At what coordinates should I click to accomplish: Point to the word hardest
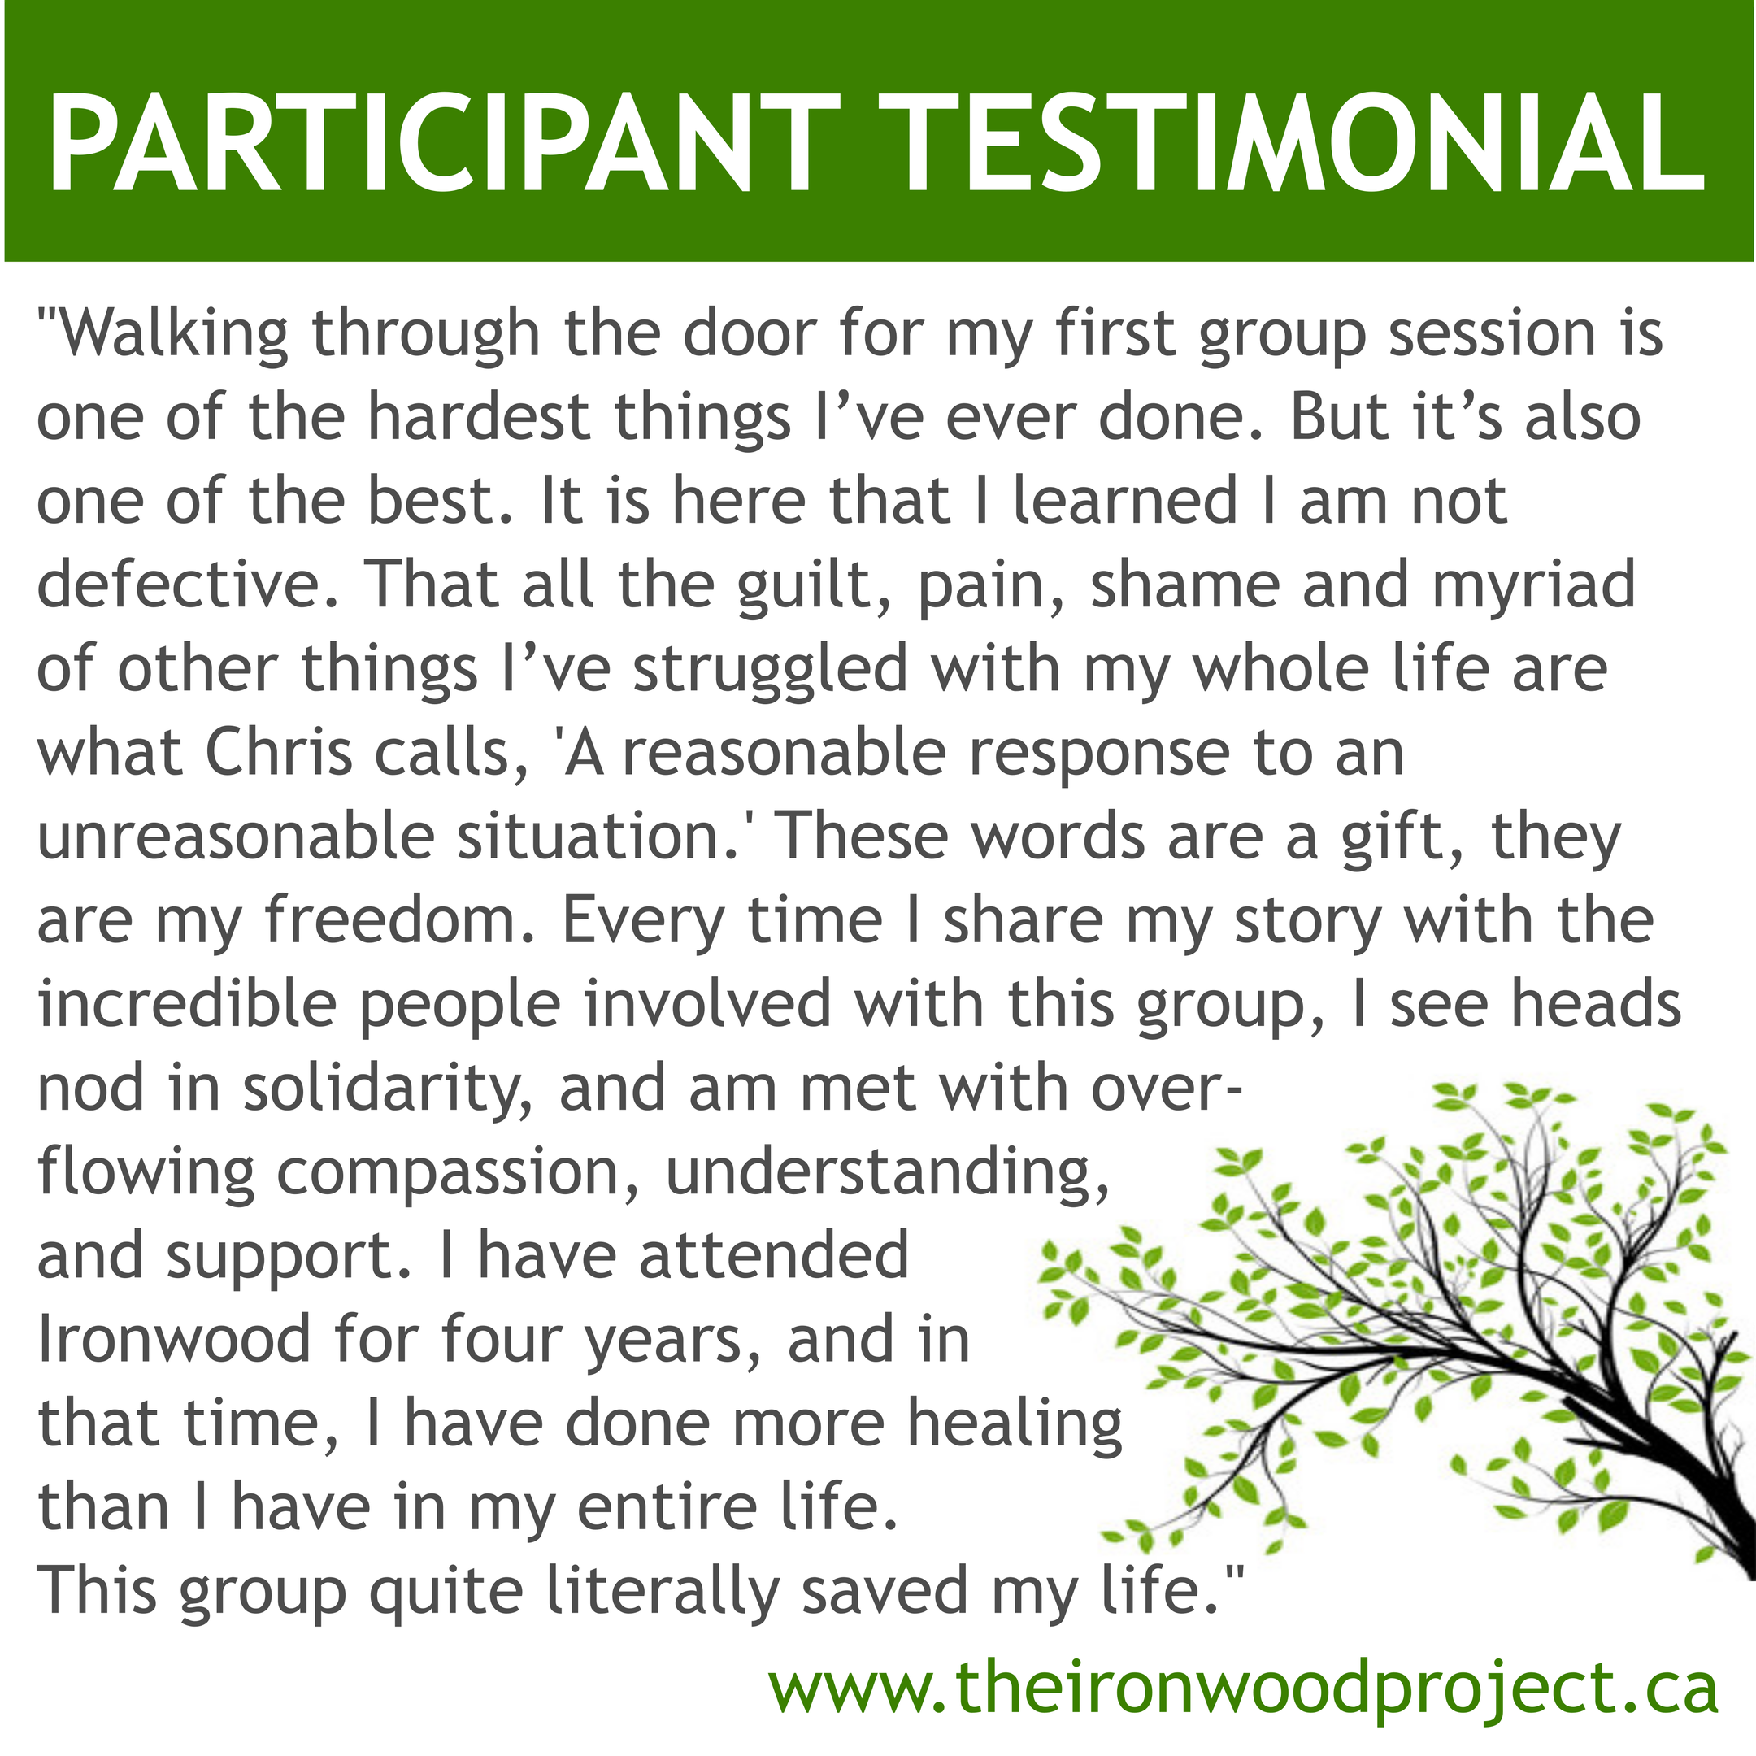(x=480, y=418)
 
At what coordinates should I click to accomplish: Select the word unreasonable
(x=237, y=837)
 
